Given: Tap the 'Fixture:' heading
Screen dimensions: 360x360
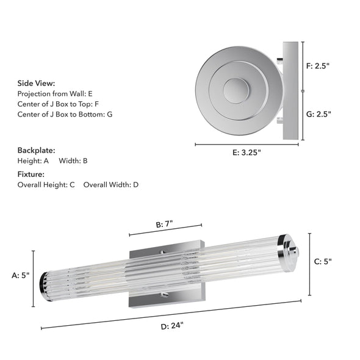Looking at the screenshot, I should click(31, 175).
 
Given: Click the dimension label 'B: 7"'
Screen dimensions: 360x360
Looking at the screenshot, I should click(165, 224).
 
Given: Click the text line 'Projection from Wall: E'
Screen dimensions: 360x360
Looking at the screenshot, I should click(55, 94).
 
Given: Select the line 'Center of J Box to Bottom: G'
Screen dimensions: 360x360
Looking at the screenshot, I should click(65, 114).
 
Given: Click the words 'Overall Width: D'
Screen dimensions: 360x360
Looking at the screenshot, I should click(111, 184).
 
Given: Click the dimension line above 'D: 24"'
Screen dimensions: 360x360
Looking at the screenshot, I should click(171, 314).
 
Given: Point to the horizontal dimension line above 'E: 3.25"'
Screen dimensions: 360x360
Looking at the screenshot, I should click(247, 145).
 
